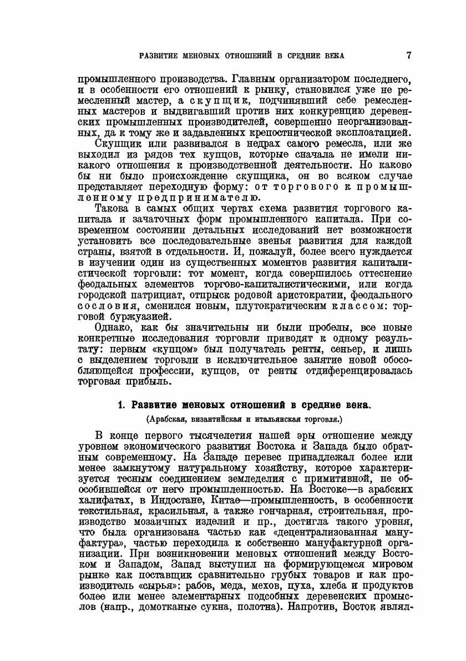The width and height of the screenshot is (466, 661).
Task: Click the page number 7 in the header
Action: (408, 55)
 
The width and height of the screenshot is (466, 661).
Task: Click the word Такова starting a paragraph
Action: (113, 208)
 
